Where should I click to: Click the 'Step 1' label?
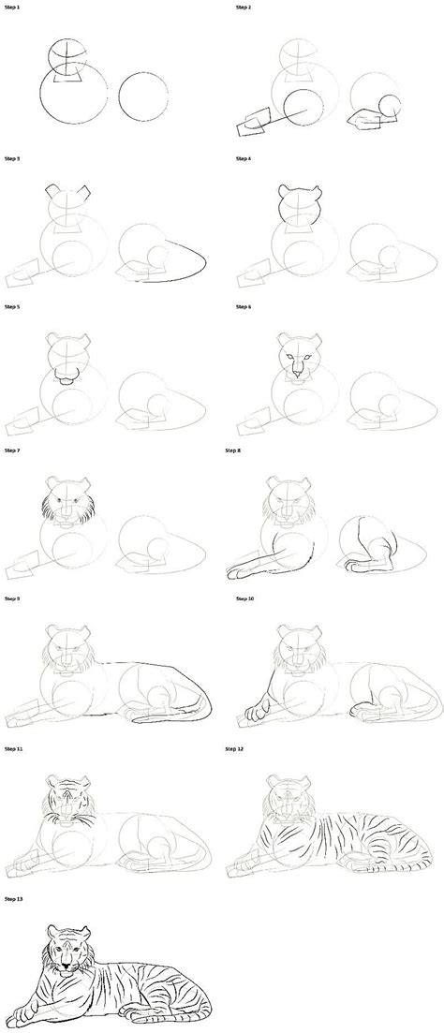point(12,7)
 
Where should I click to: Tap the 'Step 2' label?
point(244,7)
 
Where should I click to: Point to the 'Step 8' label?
point(244,451)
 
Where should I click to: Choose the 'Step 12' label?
point(245,749)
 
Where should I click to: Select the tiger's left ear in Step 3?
point(52,193)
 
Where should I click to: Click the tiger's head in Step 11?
point(67,797)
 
